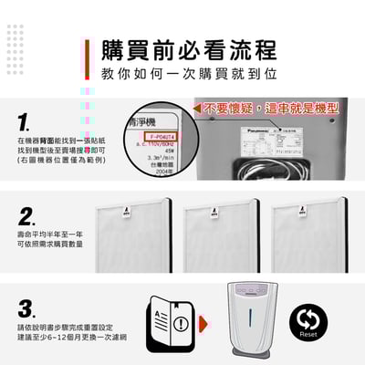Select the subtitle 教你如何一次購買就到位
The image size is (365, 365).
pos(188,72)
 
